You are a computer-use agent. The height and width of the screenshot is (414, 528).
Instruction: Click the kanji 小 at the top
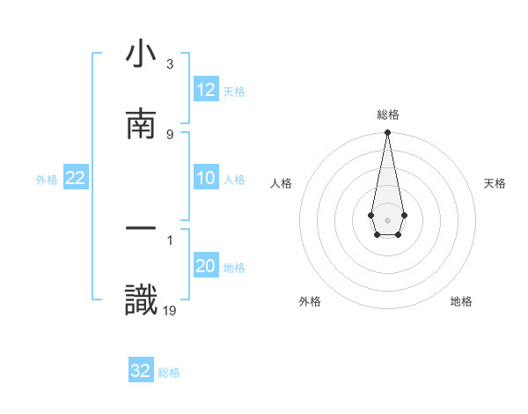(141, 55)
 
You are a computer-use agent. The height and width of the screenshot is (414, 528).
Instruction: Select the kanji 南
(141, 125)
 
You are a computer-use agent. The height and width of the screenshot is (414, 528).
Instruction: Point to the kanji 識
(141, 299)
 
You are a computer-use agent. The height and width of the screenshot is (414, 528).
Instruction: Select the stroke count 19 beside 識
(170, 309)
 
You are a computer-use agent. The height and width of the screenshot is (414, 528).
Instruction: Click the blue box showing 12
(206, 90)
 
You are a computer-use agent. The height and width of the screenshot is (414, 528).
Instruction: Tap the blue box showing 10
(206, 178)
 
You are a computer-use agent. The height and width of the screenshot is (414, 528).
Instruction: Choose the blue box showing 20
(206, 266)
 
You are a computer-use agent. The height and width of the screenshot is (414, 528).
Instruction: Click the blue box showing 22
(76, 178)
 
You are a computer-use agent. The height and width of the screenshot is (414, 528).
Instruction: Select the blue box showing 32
(141, 371)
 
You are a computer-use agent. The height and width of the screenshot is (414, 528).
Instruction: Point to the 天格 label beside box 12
(234, 91)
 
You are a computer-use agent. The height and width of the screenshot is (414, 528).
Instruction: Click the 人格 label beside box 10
(234, 179)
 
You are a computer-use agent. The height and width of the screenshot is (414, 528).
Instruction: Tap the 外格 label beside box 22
(47, 179)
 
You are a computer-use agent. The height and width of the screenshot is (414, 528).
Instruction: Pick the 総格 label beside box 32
(169, 372)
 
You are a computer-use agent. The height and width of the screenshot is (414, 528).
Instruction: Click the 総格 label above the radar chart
(388, 115)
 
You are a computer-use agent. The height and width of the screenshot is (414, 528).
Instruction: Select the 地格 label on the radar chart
(461, 301)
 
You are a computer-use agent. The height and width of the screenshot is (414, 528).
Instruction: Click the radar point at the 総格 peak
(387, 133)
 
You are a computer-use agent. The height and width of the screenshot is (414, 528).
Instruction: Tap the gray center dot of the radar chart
(387, 219)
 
